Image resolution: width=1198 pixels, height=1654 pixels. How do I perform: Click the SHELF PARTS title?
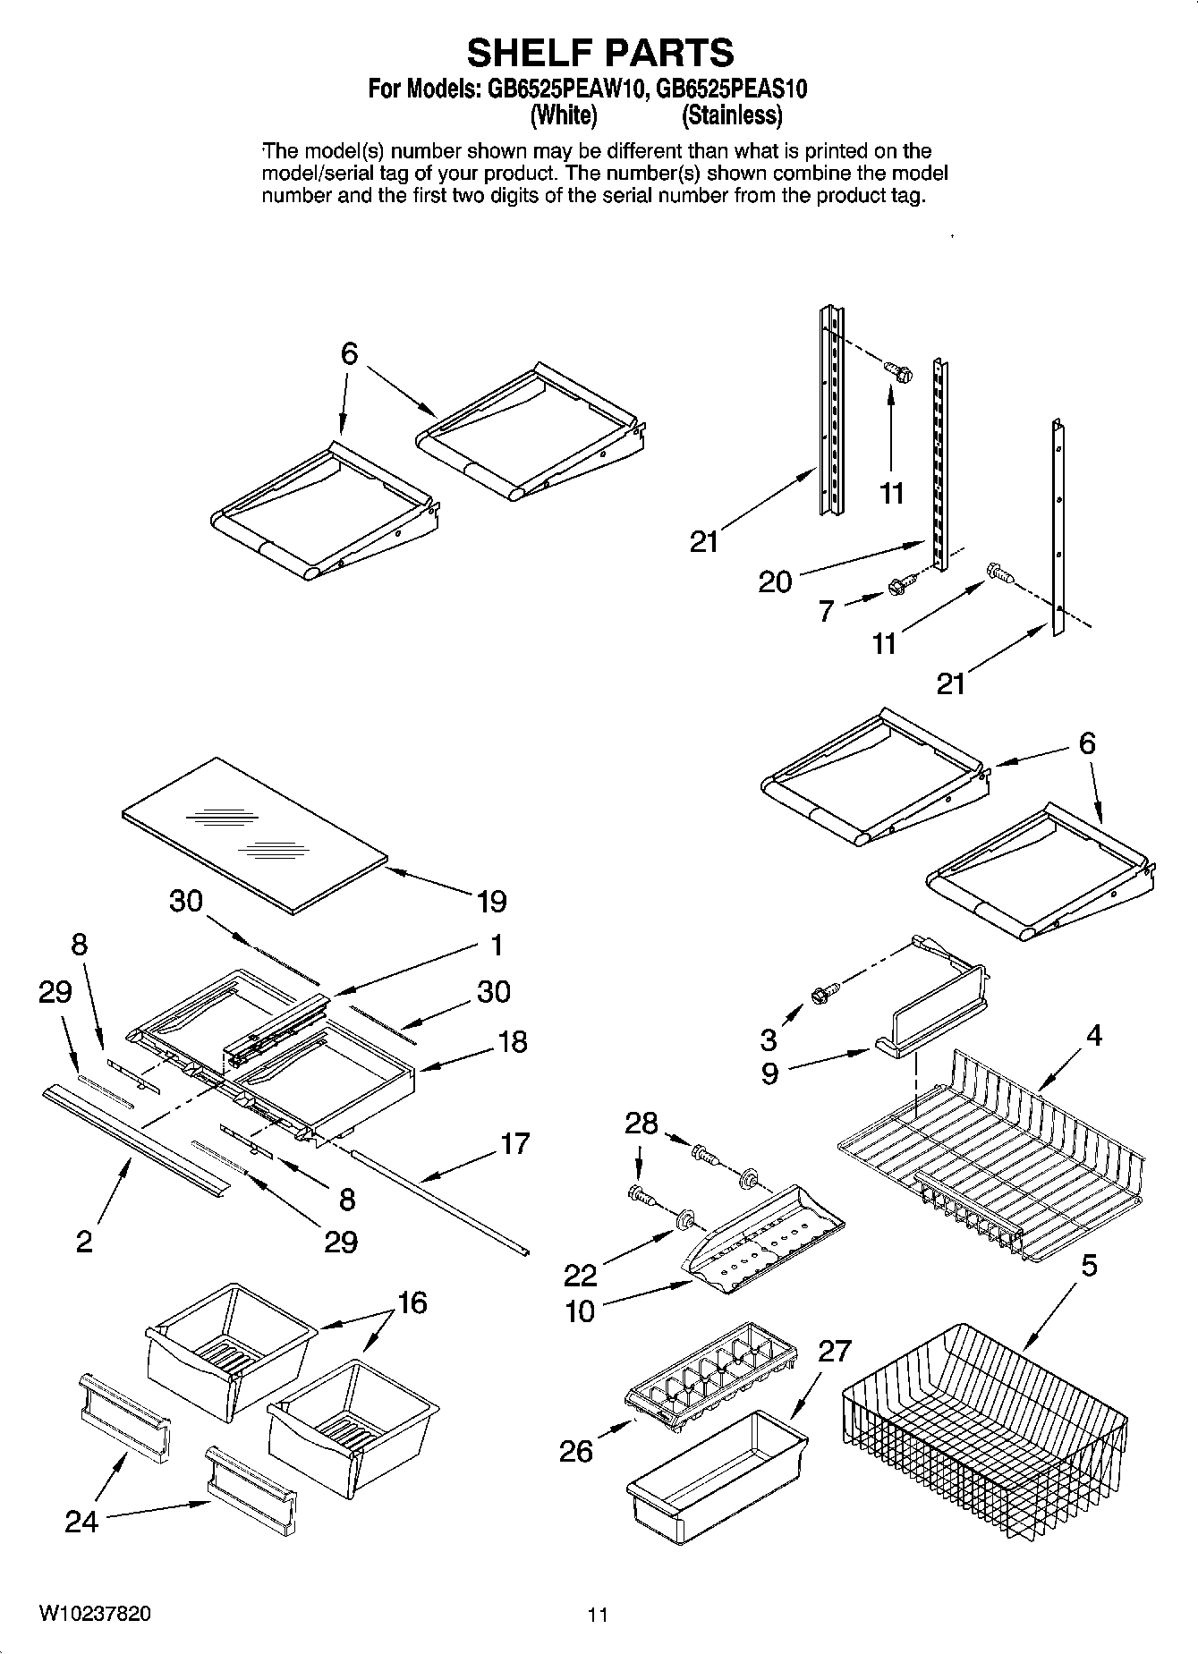pos(599,53)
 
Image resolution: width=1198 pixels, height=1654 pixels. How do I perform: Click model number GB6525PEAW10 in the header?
pos(565,89)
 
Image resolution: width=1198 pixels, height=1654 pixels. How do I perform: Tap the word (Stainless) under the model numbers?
pos(731,115)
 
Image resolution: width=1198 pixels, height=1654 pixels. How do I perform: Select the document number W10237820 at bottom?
pos(95,1614)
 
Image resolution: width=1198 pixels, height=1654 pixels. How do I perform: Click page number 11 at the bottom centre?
pos(598,1615)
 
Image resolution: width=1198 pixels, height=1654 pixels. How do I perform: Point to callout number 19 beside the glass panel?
pos(492,901)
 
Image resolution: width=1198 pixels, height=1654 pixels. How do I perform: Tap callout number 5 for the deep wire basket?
pos(1089,1266)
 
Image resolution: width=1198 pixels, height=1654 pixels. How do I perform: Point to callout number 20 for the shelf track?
pos(775,582)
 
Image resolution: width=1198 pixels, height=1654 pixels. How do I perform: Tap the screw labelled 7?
pos(897,587)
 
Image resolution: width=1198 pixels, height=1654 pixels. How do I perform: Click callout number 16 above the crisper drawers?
pos(412,1302)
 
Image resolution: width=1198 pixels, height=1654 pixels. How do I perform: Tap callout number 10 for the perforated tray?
pos(580,1311)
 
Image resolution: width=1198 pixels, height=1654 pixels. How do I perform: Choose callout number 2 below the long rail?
pos(83,1242)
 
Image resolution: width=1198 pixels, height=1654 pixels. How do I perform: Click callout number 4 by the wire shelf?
pos(1093,1035)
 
